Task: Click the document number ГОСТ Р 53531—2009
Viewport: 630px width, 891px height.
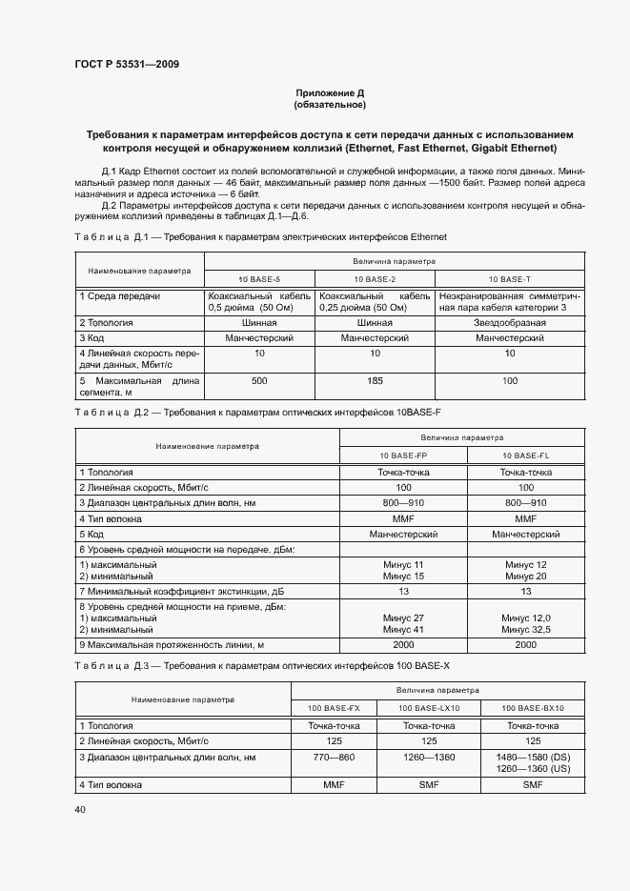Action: click(126, 65)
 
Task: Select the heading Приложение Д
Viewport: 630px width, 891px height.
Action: click(330, 92)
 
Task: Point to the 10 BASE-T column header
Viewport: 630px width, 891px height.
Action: click(509, 278)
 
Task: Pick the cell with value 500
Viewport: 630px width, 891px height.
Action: click(259, 380)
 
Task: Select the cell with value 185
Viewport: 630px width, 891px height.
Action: click(375, 380)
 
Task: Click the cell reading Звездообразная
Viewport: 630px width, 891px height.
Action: click(509, 323)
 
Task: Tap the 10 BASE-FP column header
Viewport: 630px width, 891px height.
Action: click(403, 456)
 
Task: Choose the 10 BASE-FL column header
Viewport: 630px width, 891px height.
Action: click(525, 456)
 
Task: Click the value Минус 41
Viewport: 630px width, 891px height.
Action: click(403, 630)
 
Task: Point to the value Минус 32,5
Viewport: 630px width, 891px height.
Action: click(525, 630)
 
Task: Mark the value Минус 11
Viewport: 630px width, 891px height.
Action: click(403, 565)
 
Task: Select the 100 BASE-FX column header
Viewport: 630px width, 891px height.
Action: click(334, 708)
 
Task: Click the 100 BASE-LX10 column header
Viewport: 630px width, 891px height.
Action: click(429, 708)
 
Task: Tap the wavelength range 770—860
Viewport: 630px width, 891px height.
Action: click(334, 757)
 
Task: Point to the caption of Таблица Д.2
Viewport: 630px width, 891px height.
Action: click(257, 412)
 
